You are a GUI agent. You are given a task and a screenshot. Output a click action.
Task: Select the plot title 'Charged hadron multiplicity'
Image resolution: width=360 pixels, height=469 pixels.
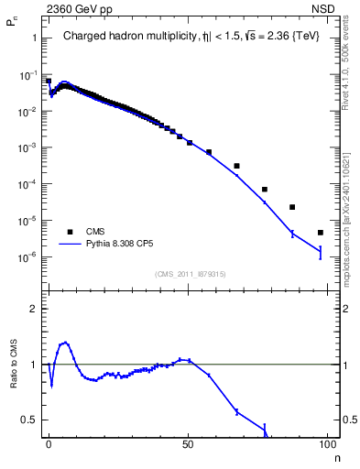coord(127,38)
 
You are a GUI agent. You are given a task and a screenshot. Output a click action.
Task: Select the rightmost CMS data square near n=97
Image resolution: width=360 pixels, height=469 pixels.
coord(320,233)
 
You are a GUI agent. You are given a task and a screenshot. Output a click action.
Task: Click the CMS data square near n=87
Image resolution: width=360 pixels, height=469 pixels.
coord(292,207)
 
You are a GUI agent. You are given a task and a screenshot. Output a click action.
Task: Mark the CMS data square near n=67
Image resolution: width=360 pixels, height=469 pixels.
coord(236,166)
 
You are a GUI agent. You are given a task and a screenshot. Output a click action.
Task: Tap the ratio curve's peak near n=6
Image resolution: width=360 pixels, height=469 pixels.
coord(64,343)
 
